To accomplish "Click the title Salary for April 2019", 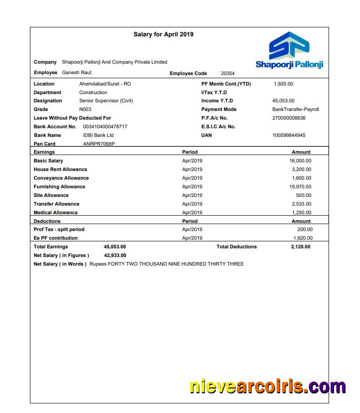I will click(163, 34).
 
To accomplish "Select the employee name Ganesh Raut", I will click(76, 73).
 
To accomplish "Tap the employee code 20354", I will click(228, 73).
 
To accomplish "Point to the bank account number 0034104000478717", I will click(105, 126).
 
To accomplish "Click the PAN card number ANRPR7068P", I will click(99, 144).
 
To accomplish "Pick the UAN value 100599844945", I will click(289, 135).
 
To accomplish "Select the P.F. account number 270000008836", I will click(289, 118).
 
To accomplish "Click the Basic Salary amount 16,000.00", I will click(300, 161).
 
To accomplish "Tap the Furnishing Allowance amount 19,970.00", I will click(300, 186).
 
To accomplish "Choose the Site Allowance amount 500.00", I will click(304, 195).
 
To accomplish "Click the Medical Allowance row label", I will click(56, 212).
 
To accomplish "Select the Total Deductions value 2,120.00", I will click(300, 247).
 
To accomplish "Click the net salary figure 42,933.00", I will click(115, 255).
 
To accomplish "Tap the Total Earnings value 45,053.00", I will click(115, 247).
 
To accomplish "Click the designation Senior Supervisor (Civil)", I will click(106, 101).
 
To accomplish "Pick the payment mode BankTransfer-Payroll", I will click(295, 109).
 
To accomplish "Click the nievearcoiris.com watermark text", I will click(268, 386).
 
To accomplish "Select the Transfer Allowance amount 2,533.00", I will click(301, 204).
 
